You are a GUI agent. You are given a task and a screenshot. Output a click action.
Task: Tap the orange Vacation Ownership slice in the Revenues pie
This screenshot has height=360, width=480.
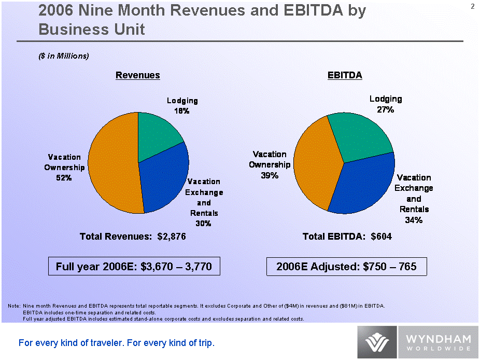(x=111, y=166)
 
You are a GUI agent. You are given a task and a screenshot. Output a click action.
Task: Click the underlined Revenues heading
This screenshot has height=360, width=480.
(x=137, y=76)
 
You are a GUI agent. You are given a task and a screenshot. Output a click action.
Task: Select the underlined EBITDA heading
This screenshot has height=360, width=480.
(x=345, y=76)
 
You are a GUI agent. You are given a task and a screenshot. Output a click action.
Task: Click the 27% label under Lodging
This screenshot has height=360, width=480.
(x=386, y=109)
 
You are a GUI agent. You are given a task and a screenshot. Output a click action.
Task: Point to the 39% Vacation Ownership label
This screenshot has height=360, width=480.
(x=270, y=175)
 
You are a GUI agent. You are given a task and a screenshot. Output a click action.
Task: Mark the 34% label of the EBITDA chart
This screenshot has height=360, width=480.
(x=414, y=220)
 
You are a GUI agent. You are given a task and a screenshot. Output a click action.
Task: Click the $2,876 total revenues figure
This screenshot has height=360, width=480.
(x=171, y=237)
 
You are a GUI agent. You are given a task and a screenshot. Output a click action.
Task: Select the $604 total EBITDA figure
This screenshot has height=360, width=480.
(x=382, y=237)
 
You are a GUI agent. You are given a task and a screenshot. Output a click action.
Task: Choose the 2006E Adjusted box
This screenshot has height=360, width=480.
(x=346, y=267)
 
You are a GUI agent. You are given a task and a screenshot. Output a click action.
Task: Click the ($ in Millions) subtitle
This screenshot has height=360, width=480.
(x=64, y=56)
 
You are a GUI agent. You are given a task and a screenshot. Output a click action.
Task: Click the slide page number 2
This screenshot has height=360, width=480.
(x=473, y=6)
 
